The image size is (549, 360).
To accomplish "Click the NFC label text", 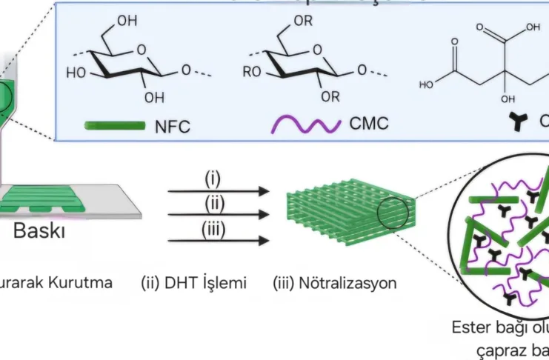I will (173, 126).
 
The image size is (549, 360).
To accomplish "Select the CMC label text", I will (367, 121).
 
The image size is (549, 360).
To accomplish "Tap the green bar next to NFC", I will (115, 126).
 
